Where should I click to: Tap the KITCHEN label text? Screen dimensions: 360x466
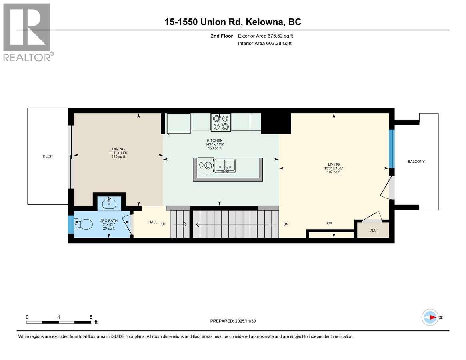click(214, 140)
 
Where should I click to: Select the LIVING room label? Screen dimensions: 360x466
click(334, 164)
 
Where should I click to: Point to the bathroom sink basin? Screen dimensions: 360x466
click(109, 204)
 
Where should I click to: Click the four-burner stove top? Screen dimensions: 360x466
click(221, 122)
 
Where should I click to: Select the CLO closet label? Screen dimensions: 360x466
click(373, 230)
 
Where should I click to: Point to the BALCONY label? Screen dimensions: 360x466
click(416, 162)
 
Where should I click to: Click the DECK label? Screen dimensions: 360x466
click(48, 156)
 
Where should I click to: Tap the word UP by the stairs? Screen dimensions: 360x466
click(164, 224)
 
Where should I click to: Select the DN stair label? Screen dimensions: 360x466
click(286, 224)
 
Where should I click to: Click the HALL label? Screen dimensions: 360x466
click(153, 222)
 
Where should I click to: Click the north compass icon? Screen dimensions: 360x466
click(430, 317)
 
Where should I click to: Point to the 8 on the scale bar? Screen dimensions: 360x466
click(91, 317)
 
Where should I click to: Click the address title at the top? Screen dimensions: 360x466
click(233, 22)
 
